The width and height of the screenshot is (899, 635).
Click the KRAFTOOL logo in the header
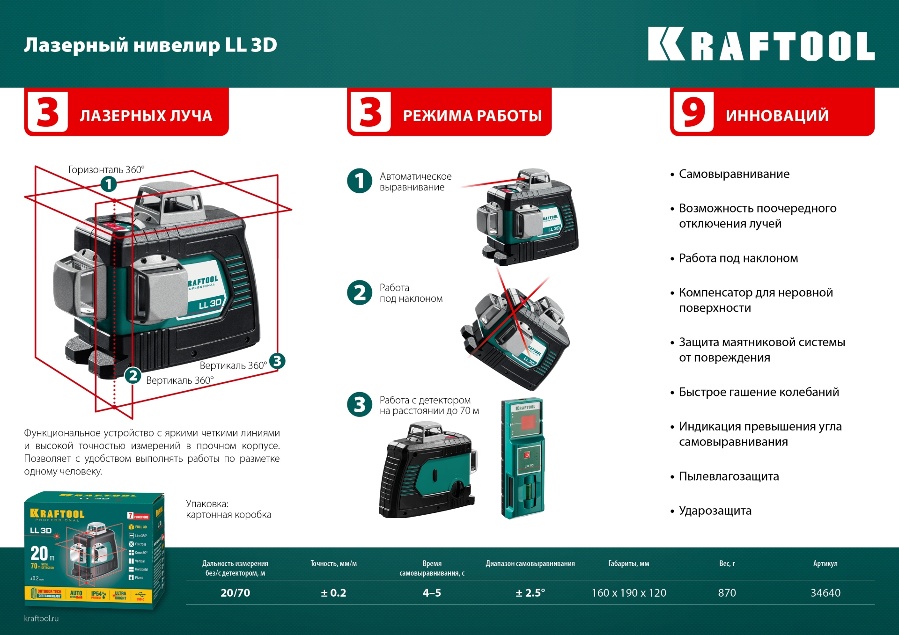(760, 44)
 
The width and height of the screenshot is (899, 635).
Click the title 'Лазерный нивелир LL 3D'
(150, 45)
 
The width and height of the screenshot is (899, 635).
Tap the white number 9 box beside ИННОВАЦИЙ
(693, 112)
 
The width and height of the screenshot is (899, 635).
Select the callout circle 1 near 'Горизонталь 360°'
(109, 184)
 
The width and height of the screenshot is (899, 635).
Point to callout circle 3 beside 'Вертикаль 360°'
(277, 361)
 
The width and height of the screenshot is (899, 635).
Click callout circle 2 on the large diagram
(133, 375)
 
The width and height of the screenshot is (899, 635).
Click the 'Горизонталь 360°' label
(106, 169)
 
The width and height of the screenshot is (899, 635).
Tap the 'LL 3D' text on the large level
(210, 304)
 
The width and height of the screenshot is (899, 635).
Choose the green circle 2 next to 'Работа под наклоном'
(360, 293)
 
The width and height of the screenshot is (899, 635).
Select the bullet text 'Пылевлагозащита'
(729, 476)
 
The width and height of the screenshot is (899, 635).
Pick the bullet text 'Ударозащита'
(715, 511)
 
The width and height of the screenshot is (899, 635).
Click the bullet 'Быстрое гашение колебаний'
(759, 392)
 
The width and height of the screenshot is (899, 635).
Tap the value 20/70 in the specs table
(235, 593)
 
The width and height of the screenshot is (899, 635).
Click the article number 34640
(825, 593)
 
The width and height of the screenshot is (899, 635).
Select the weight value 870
(727, 593)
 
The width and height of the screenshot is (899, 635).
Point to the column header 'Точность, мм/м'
(333, 564)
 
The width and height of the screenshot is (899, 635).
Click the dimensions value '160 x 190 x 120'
(628, 593)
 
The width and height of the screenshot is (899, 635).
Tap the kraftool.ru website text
(41, 618)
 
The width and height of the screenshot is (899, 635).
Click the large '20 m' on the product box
(41, 554)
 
